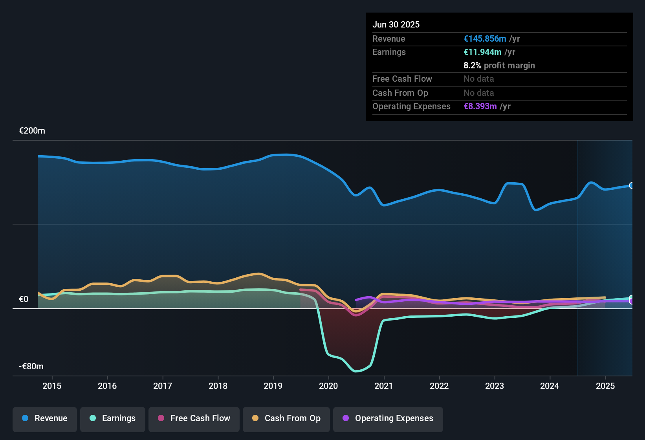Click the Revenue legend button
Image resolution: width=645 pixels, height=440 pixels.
pyautogui.click(x=45, y=418)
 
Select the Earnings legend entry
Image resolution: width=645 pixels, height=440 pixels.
pyautogui.click(x=113, y=418)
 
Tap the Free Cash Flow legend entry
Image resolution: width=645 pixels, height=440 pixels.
pyautogui.click(x=194, y=418)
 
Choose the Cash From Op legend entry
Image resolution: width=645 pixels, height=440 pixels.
pyautogui.click(x=286, y=418)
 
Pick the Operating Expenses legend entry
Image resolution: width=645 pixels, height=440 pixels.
pyautogui.click(x=388, y=418)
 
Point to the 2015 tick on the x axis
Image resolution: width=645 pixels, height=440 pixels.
pyautogui.click(x=52, y=386)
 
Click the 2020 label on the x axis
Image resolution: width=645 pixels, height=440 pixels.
pyautogui.click(x=328, y=386)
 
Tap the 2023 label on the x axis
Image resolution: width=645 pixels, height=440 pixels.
pyautogui.click(x=495, y=386)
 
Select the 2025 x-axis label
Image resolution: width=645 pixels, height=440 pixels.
pyautogui.click(x=605, y=386)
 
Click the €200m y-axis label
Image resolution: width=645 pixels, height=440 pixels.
pyautogui.click(x=32, y=131)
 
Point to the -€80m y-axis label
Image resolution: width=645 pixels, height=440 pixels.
pyautogui.click(x=31, y=367)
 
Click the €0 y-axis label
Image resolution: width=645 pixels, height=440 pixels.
pyautogui.click(x=24, y=299)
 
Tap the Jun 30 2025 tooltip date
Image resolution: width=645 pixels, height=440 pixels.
pyautogui.click(x=396, y=25)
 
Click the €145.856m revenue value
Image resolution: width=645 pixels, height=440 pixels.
pyautogui.click(x=485, y=39)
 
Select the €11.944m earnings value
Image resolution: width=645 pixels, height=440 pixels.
pyautogui.click(x=482, y=52)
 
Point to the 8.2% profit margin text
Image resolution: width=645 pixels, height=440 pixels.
pyautogui.click(x=499, y=66)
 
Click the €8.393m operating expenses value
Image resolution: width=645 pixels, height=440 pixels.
pyautogui.click(x=480, y=106)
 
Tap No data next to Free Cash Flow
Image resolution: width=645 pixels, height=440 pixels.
pyautogui.click(x=478, y=79)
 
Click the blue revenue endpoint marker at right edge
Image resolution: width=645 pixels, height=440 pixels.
pyautogui.click(x=632, y=185)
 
